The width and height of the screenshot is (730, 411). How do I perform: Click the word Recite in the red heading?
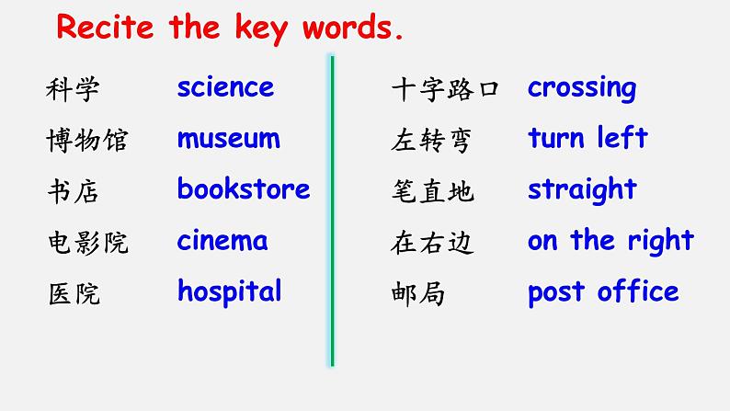[x=105, y=27]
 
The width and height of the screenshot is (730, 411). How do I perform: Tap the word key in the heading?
[x=261, y=29]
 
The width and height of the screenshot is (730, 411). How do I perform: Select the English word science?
[x=226, y=86]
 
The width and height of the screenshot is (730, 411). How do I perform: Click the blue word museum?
[x=229, y=138]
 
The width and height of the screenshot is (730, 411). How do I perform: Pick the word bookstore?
[x=244, y=188]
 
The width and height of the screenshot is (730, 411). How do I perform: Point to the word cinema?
[x=222, y=240]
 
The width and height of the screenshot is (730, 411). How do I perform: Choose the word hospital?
[x=230, y=291]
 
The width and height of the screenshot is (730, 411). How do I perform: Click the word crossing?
[x=582, y=88]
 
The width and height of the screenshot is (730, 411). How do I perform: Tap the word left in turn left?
[x=622, y=137]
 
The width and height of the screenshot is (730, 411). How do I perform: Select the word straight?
[x=582, y=190]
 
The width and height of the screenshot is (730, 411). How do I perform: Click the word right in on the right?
[x=661, y=241]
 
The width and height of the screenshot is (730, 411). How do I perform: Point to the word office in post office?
[x=638, y=291]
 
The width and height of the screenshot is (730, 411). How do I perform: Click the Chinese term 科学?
[x=73, y=89]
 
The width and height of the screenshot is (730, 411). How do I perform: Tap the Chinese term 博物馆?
[x=87, y=140]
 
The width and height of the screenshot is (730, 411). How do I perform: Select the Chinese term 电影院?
[x=87, y=243]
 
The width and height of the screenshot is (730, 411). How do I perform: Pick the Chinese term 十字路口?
[x=445, y=89]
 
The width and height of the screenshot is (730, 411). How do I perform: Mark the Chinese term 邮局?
[x=417, y=293]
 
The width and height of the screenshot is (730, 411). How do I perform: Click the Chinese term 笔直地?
[x=432, y=191]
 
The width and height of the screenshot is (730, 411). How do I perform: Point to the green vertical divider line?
[x=333, y=211]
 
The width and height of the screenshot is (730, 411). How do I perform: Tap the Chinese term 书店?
[x=74, y=191]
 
